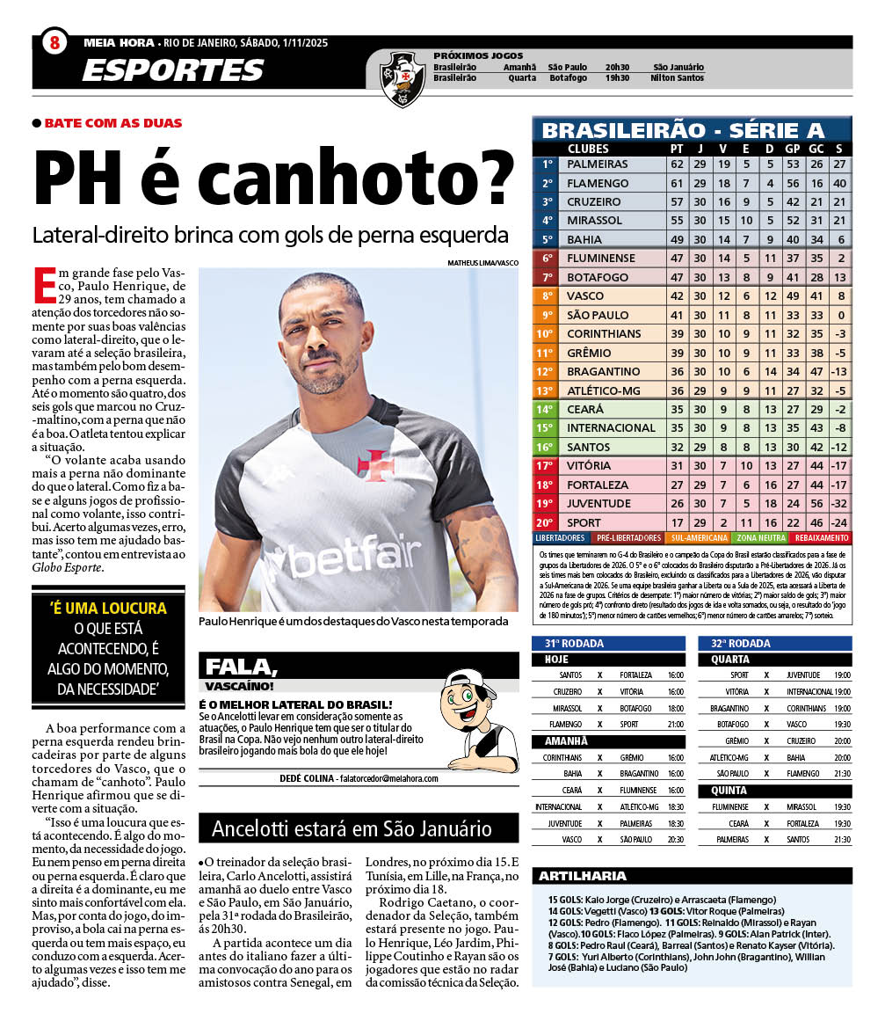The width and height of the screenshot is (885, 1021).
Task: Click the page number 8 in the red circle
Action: pyautogui.click(x=54, y=41)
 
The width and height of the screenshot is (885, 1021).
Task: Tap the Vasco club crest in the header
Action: pyautogui.click(x=403, y=77)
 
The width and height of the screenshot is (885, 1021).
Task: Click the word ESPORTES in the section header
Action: pyautogui.click(x=172, y=70)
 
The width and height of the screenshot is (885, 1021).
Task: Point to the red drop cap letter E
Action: pyautogui.click(x=43, y=285)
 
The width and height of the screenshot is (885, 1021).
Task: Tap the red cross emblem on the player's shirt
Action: pyautogui.click(x=376, y=465)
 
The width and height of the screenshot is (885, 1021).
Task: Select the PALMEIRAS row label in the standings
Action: pyautogui.click(x=598, y=164)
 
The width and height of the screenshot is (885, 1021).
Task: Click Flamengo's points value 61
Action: pyautogui.click(x=676, y=183)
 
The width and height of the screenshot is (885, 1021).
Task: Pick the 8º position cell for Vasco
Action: pyautogui.click(x=547, y=296)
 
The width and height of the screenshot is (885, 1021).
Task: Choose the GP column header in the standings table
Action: pyautogui.click(x=792, y=149)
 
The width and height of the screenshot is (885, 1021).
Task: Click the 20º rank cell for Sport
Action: pyautogui.click(x=547, y=522)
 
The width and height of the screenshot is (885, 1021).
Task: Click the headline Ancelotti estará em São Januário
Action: pyautogui.click(x=352, y=828)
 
